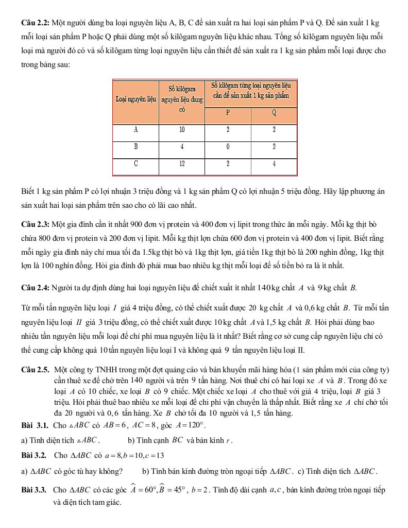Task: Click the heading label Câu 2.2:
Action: coord(35,24)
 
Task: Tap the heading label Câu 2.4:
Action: coord(35,287)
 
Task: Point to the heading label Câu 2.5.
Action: coord(35,370)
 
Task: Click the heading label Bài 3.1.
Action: coord(35,425)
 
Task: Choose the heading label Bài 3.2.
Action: coord(35,455)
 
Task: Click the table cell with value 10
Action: coord(181,130)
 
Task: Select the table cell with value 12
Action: coord(181,164)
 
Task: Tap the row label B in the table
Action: coord(135,147)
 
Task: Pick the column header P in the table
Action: coord(228,113)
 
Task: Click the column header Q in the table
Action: coord(274,113)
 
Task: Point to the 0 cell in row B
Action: coord(228,147)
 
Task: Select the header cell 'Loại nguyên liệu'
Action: coord(135,97)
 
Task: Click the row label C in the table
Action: coord(135,164)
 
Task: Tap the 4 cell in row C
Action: coord(274,164)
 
